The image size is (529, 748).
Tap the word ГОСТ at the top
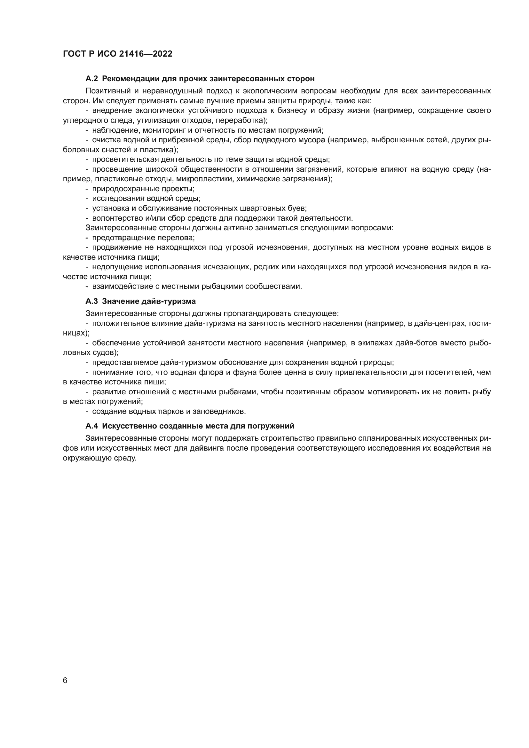point(74,54)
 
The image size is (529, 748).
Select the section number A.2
point(91,79)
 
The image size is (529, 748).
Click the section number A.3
point(91,301)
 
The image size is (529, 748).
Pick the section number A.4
point(91,426)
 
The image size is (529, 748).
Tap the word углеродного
point(82,121)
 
